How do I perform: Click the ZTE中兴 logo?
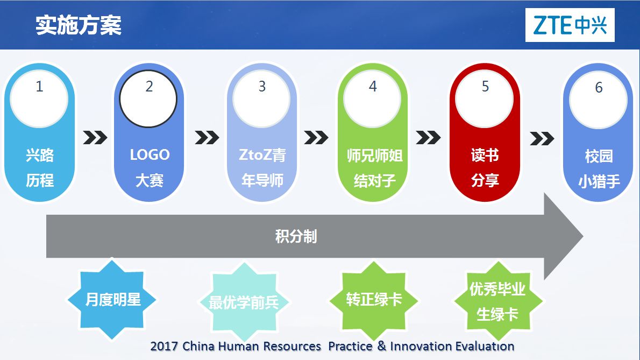[570, 25]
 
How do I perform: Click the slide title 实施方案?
[79, 25]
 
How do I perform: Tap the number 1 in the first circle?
[39, 87]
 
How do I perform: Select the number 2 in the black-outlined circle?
[149, 87]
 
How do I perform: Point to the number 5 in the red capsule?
[485, 87]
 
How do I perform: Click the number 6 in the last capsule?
[599, 87]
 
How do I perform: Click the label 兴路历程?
[40, 167]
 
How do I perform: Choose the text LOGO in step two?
[150, 154]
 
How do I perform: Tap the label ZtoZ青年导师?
[262, 167]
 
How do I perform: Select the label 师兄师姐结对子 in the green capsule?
[374, 168]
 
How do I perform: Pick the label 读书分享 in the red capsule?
[485, 167]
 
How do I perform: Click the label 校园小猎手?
[599, 168]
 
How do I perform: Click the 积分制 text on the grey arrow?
[296, 236]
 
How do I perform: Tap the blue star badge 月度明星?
[112, 299]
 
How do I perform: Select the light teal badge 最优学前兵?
[244, 302]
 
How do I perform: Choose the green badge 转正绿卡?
[374, 300]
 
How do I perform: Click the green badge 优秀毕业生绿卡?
[497, 301]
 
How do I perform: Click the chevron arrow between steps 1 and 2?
[95, 138]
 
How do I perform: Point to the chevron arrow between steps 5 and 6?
[542, 138]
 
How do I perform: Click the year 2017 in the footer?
[164, 347]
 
